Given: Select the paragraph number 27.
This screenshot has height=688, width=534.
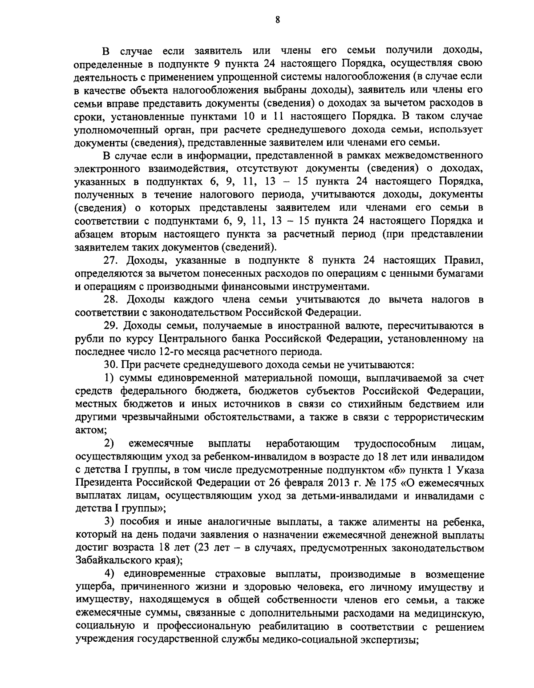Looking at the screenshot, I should (x=110, y=260).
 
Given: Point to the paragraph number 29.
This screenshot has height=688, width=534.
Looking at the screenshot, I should (x=110, y=326).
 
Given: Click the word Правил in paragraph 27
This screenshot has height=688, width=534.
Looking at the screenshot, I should (x=463, y=260).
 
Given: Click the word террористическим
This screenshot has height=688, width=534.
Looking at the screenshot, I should (x=433, y=418).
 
